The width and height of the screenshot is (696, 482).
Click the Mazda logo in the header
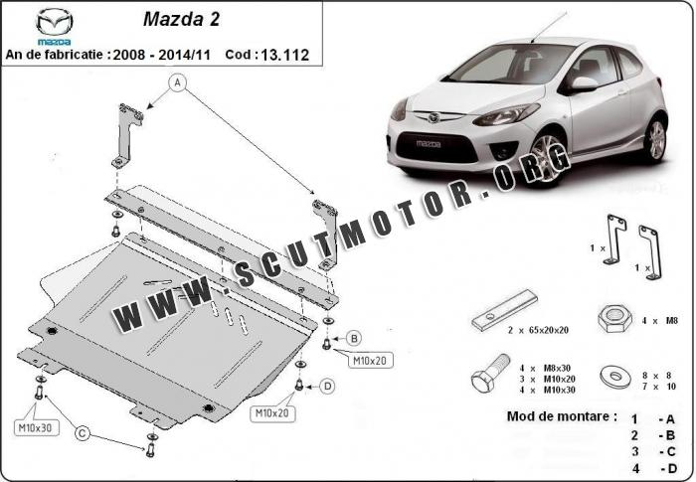point(54,26)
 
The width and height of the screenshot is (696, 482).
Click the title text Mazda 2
point(181,19)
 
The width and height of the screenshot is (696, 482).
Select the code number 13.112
point(284,55)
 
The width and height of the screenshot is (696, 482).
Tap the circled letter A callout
point(178,82)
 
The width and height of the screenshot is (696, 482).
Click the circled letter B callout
point(354,339)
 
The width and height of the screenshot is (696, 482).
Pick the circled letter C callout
point(83,433)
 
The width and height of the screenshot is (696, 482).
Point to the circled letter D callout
point(327,387)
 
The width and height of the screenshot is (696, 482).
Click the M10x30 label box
point(36,428)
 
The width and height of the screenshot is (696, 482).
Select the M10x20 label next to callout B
point(370,361)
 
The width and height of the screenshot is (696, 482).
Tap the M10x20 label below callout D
point(272,413)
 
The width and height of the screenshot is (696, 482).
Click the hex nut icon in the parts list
point(614,319)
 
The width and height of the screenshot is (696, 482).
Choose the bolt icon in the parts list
point(490,374)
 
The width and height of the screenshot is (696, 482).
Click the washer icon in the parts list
point(615,377)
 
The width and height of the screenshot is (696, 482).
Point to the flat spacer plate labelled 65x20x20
point(504,310)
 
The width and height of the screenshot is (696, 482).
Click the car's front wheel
point(547,159)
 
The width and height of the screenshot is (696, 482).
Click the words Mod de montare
point(562,416)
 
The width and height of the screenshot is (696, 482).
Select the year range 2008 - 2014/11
point(161,55)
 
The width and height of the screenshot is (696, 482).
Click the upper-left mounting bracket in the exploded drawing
point(127,135)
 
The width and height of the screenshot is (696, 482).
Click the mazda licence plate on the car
point(429,144)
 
